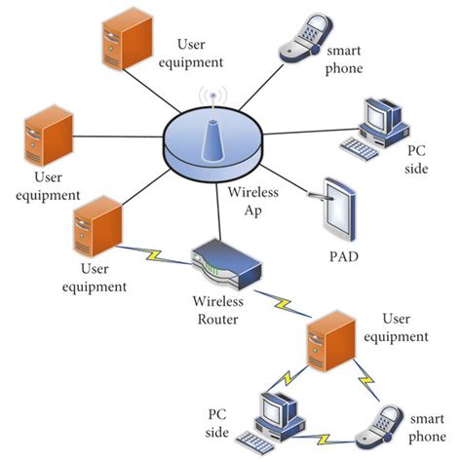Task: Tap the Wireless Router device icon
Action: (x=222, y=263)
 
